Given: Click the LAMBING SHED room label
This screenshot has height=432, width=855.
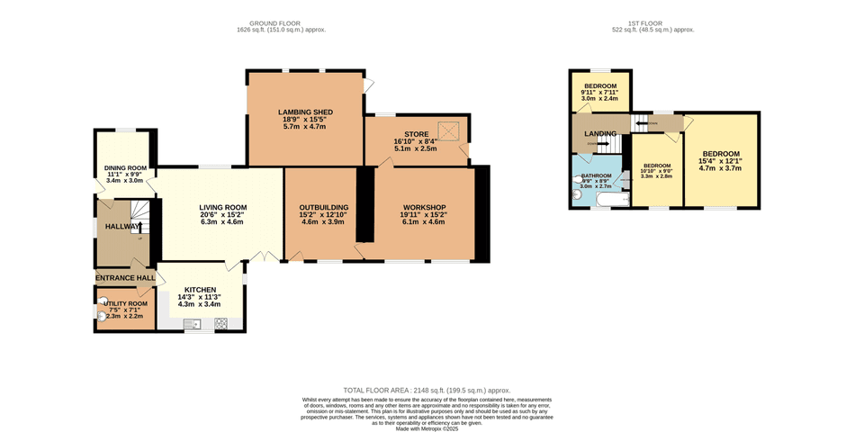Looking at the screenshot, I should (305, 112).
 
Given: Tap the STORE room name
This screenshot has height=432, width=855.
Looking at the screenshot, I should (416, 134).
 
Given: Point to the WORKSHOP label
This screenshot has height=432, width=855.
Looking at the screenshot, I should (425, 208).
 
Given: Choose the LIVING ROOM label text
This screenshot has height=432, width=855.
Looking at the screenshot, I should (223, 208).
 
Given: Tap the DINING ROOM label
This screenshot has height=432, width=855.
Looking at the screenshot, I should (126, 167).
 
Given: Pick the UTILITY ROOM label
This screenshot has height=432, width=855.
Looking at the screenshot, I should (125, 303).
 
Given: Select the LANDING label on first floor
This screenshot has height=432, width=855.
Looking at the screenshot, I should (600, 134).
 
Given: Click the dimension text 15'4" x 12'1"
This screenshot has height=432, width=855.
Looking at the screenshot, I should (720, 161).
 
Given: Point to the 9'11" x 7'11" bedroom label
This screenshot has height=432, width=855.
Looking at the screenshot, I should (599, 92).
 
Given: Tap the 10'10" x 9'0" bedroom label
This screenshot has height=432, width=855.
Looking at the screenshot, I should (656, 171).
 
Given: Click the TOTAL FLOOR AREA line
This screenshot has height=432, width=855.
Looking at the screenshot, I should (427, 391).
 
